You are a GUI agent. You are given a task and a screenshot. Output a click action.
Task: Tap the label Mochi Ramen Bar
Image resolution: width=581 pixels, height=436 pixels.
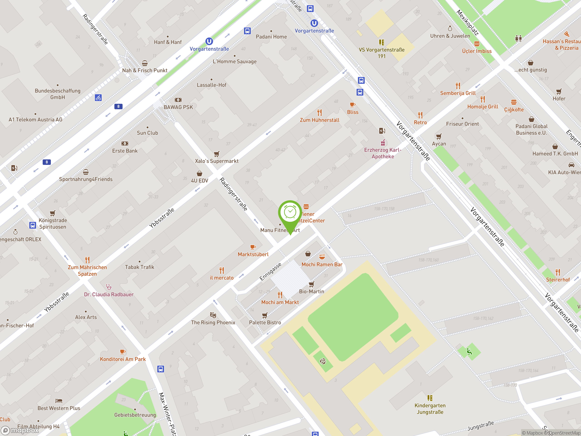[x=322, y=264]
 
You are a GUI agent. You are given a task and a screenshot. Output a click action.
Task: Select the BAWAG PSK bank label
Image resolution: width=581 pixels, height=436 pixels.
[x=178, y=107]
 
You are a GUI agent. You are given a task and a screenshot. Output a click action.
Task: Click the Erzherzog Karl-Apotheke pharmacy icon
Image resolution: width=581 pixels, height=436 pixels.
[x=383, y=143]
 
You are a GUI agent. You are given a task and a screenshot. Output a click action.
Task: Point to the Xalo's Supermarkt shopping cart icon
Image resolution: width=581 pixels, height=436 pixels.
[x=217, y=154]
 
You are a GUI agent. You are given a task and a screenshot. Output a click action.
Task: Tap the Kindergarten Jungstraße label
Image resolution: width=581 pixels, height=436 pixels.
[x=430, y=409]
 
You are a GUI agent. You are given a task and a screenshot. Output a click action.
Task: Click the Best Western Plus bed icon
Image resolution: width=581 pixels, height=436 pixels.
[x=59, y=401]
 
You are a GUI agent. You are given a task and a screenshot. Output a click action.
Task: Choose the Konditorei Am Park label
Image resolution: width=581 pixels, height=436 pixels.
[x=123, y=359]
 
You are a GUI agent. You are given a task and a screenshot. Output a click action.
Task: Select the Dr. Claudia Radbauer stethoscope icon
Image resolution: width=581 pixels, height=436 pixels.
[x=109, y=287]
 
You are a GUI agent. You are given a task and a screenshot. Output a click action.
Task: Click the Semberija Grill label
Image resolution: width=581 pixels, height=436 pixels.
[x=458, y=93]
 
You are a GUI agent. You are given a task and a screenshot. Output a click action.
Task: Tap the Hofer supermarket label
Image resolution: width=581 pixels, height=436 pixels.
[x=559, y=99]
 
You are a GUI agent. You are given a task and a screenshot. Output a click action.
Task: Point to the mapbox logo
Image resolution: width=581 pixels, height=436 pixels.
[x=20, y=430]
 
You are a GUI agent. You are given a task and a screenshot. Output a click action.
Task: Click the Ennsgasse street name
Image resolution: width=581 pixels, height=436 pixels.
[x=270, y=272]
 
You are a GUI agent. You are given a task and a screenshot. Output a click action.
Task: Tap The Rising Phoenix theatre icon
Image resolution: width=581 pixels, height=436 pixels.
[x=213, y=315]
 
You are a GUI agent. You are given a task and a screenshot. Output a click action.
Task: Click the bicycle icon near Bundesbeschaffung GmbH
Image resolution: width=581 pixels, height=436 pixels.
[x=98, y=98]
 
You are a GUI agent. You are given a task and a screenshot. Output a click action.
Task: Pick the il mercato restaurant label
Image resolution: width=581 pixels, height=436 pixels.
[x=222, y=278]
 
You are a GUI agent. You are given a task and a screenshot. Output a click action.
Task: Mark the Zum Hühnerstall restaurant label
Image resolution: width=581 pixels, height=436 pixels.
[x=319, y=120]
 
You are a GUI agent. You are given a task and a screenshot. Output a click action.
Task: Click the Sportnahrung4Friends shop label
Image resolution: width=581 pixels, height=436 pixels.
[x=86, y=179]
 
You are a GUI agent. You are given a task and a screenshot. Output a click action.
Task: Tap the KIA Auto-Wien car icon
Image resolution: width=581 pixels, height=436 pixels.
[x=571, y=165]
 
